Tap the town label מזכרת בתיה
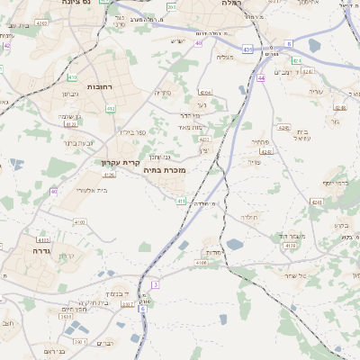tap(165, 169)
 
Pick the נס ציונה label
tap(79, 4)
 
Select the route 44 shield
tap(261, 78)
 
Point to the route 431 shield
tap(247, 49)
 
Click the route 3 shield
tap(155, 284)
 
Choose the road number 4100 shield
tap(79, 221)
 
